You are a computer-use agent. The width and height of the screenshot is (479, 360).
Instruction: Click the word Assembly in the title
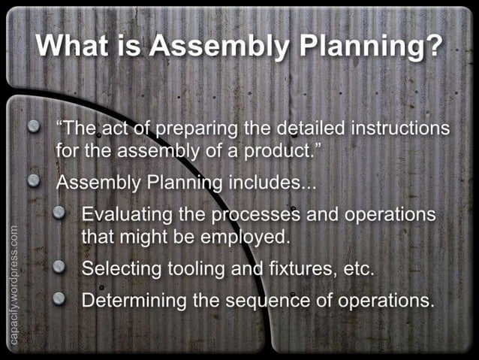click(218, 46)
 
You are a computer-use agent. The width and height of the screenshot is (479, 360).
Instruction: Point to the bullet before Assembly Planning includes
click(33, 180)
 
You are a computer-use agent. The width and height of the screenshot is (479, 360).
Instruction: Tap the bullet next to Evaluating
click(59, 213)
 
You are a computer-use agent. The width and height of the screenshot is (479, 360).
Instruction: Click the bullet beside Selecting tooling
click(59, 267)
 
